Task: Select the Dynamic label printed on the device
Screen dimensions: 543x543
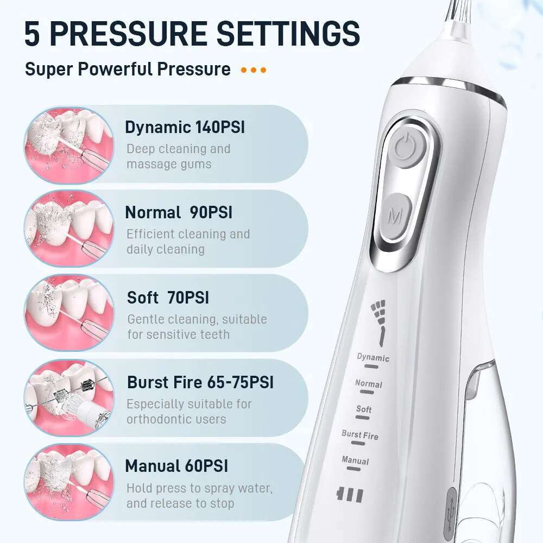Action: tap(373, 357)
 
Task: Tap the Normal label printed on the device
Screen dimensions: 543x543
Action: tap(369, 383)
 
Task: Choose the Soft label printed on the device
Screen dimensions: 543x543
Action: tap(364, 409)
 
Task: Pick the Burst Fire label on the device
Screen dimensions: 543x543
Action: tap(360, 435)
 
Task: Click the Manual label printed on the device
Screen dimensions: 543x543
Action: tap(355, 461)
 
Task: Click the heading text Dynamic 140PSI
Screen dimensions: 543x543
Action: tap(185, 128)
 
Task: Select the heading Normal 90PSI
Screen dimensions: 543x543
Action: tap(179, 212)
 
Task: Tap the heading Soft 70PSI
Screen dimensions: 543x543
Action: tap(168, 298)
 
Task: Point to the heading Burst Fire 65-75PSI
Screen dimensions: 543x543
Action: tap(200, 382)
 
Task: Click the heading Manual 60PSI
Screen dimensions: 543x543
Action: tap(176, 466)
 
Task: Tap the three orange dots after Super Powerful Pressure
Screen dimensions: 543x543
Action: tap(254, 70)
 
